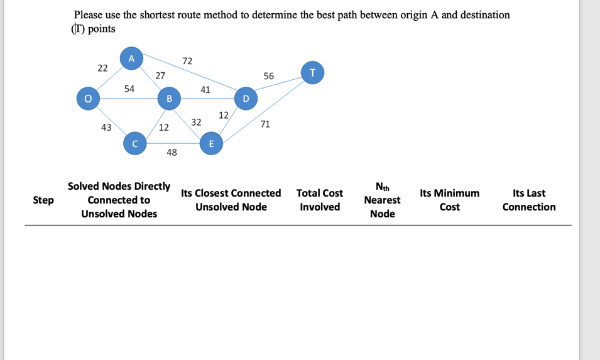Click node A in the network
click(x=131, y=58)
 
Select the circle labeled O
click(x=88, y=98)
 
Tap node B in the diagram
click(x=168, y=98)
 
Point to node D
click(x=245, y=98)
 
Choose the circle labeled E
click(x=210, y=144)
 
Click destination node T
click(x=312, y=72)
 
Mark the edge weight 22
click(x=102, y=68)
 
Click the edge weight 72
click(x=187, y=61)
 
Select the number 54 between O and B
click(x=129, y=89)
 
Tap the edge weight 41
click(x=205, y=90)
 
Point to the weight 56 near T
click(x=269, y=76)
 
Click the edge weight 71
click(x=265, y=124)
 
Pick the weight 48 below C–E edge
click(x=172, y=153)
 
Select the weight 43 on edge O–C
click(x=106, y=128)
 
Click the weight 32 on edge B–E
click(x=196, y=122)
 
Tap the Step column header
click(x=43, y=200)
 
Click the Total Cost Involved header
click(x=320, y=200)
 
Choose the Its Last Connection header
click(x=529, y=200)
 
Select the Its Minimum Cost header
click(x=449, y=200)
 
